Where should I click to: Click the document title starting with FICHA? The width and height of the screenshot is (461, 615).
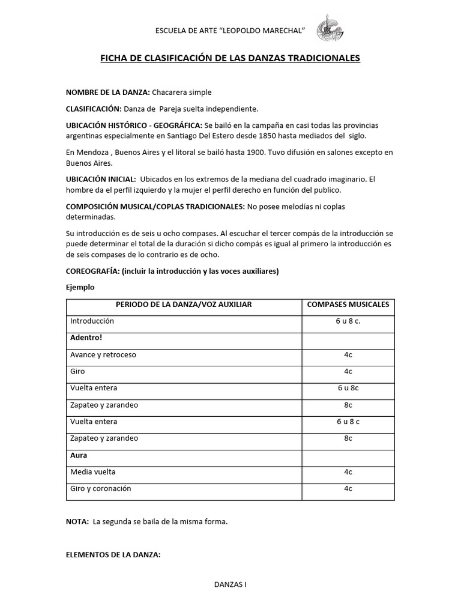coord(229,58)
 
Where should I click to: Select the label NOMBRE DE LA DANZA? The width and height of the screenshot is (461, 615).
coord(107,92)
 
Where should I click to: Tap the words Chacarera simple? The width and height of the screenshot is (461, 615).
coord(182,92)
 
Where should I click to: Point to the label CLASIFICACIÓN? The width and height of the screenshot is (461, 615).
coord(93,109)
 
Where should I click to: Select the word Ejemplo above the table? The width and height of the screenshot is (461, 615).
coord(80,287)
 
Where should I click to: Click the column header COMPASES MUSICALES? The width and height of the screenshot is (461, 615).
coord(348,304)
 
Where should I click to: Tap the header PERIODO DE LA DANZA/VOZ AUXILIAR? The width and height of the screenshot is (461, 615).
coord(184,304)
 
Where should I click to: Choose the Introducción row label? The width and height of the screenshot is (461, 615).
coord(92,321)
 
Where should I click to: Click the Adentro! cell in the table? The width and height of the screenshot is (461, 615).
coord(86,338)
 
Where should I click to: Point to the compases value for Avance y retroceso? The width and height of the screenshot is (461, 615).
coord(348,354)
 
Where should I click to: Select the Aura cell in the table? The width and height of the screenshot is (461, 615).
coord(79,455)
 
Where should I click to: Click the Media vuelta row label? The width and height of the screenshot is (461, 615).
coord(93,472)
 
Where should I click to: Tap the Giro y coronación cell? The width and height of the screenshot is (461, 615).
coord(100,489)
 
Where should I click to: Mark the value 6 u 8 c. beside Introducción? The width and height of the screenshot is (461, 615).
coord(348,321)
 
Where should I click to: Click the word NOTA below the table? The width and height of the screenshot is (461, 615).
coord(77,522)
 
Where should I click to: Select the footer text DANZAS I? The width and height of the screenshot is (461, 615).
coord(230,584)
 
